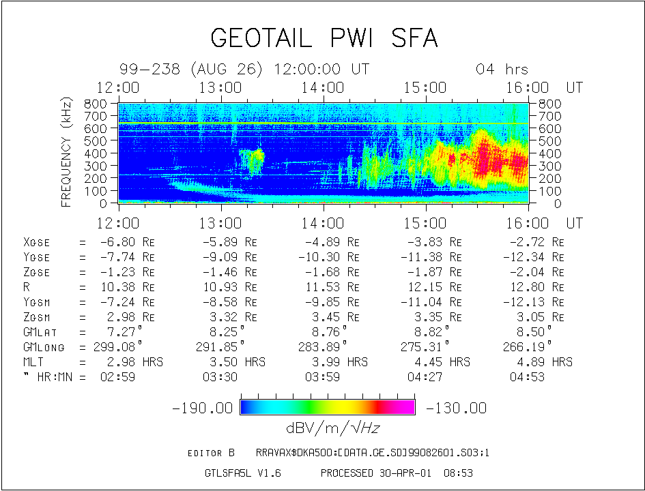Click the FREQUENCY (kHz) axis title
coord(66,152)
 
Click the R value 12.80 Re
coord(536,287)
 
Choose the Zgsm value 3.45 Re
coord(332,317)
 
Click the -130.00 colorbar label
coord(456,408)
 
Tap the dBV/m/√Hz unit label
coord(328,428)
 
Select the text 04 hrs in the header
coord(502,70)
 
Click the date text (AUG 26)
coord(229,70)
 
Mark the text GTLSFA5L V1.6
coord(243,473)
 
